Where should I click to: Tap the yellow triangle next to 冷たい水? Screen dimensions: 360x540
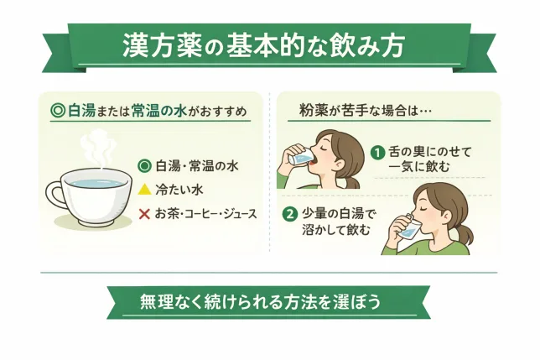coord(144,189)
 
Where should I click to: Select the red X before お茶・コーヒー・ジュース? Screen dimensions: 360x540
coord(144,212)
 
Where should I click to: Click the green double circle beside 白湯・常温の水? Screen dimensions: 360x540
coord(144,165)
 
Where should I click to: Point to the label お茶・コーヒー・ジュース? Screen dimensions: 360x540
coord(206,212)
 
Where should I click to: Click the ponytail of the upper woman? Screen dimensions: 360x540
coord(354,179)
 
